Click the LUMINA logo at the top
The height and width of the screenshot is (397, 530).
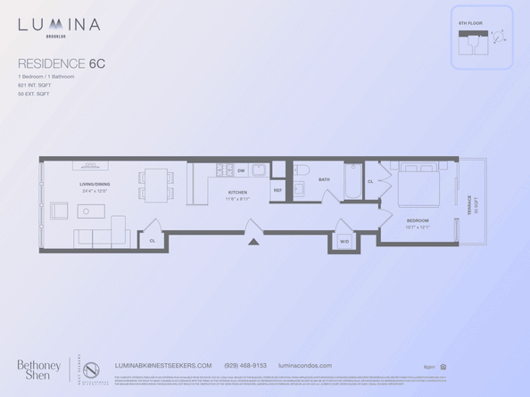(x=59, y=25)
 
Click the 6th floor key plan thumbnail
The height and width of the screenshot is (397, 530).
(x=481, y=38)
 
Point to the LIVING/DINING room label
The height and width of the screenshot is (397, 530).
(x=95, y=185)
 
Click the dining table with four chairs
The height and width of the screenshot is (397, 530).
(x=156, y=185)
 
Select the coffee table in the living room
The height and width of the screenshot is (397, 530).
(x=90, y=211)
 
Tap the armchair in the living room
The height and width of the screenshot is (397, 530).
(x=59, y=211)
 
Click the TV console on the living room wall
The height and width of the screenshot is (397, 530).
(x=90, y=164)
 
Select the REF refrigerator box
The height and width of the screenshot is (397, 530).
(x=277, y=190)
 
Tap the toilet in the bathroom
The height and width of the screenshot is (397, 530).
(x=301, y=170)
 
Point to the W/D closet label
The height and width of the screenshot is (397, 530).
(x=344, y=241)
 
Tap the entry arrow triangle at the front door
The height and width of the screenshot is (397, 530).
(x=253, y=240)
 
